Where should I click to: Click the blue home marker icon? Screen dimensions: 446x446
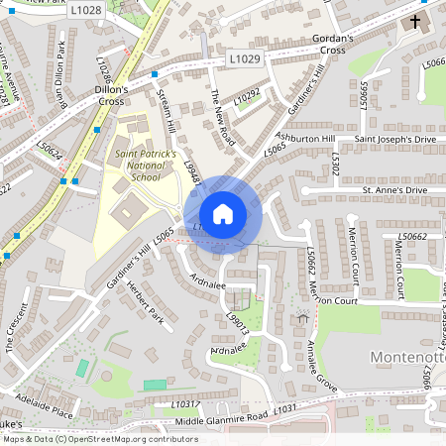(223, 213)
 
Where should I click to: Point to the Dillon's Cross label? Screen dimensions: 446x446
(104, 93)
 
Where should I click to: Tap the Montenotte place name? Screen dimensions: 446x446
(400, 355)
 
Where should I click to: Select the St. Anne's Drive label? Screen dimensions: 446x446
(393, 188)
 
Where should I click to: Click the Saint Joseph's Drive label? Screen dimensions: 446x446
(393, 139)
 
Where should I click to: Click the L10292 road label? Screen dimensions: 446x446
(247, 96)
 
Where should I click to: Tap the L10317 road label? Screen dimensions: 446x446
(185, 403)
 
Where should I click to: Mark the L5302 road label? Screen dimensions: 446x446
(336, 165)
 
